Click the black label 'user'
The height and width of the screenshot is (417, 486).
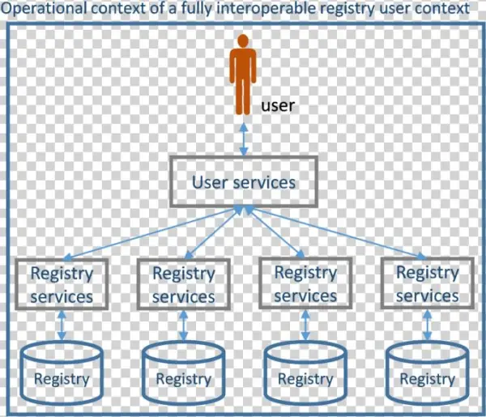[x=278, y=105]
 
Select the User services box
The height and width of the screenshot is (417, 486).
[x=243, y=181]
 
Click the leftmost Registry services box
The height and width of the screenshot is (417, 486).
[x=62, y=283]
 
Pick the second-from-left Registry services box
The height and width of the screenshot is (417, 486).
[x=183, y=284]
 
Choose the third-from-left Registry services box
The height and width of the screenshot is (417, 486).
[x=305, y=283]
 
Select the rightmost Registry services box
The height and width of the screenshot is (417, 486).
[x=427, y=283]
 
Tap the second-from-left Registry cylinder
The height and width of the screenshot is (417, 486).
[x=183, y=373]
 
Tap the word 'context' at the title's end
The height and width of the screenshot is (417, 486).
[x=441, y=10]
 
